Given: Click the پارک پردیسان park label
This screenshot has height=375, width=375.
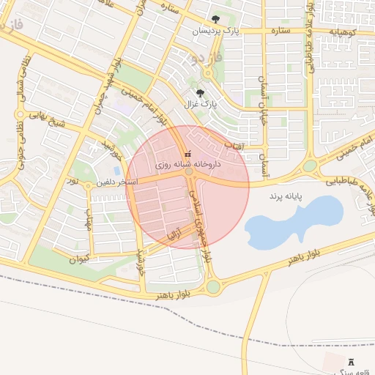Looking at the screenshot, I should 216,31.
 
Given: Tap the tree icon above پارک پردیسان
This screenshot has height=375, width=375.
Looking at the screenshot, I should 215,20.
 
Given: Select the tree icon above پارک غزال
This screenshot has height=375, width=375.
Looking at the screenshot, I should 200,93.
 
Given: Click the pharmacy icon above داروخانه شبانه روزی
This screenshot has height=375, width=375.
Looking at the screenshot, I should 187,155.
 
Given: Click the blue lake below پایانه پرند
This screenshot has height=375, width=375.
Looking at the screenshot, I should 293,220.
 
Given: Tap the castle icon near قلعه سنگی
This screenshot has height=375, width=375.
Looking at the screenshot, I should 350,362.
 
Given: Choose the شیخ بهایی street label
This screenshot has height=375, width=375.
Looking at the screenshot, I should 47,119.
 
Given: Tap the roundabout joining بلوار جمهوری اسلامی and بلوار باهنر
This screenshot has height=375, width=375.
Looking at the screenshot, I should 213,286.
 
